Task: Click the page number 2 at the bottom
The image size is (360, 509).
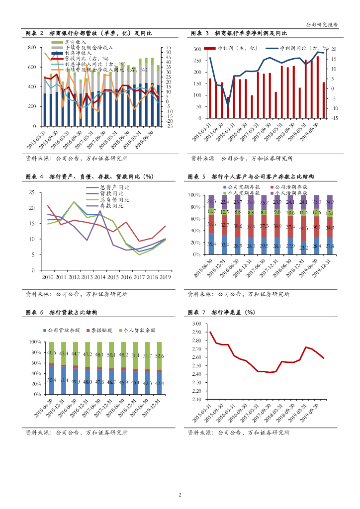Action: (x=180, y=495)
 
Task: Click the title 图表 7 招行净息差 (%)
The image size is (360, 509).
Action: (x=221, y=312)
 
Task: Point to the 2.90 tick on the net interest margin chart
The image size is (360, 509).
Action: (x=195, y=332)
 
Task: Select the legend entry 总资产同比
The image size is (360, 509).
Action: (x=111, y=187)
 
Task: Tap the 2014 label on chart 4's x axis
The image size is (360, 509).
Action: (x=100, y=276)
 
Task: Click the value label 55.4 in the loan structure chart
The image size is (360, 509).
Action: (x=52, y=380)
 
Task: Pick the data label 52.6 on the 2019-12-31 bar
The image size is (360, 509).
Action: (x=159, y=356)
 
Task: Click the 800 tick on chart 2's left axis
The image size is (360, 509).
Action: (x=32, y=48)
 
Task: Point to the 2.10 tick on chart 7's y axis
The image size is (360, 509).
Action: (x=195, y=399)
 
